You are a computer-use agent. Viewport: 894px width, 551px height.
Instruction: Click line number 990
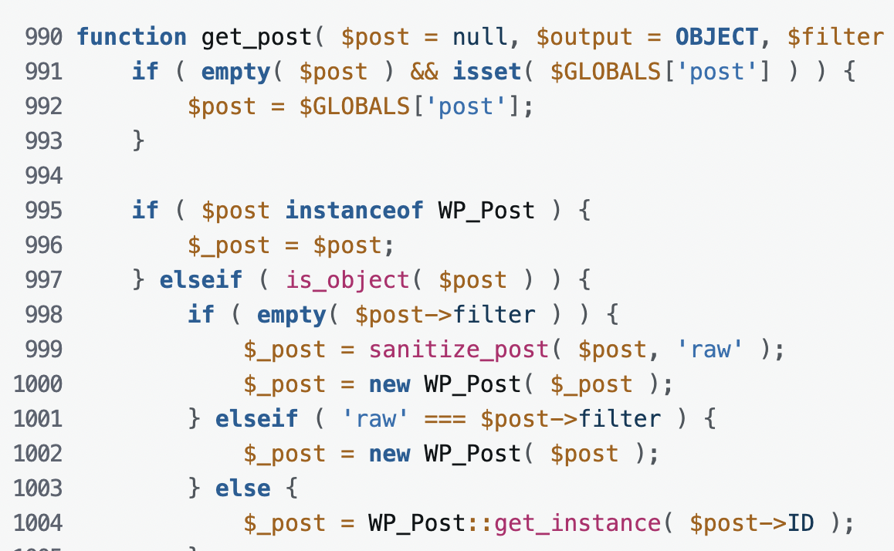(x=43, y=36)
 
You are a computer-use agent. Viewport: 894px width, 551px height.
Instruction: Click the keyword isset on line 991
(x=487, y=71)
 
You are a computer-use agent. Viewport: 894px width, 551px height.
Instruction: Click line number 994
(x=43, y=175)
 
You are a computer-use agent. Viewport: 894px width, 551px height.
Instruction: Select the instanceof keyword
(x=354, y=210)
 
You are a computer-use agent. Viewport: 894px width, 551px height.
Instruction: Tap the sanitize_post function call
(x=459, y=349)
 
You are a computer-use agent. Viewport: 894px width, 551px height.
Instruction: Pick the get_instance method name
(x=577, y=523)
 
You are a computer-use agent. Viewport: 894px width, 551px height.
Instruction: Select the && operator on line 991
(x=424, y=71)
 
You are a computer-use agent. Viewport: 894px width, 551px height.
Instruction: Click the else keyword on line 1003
(x=243, y=488)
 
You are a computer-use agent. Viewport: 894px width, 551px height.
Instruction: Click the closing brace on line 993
(x=139, y=140)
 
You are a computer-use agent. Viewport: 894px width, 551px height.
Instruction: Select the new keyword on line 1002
(x=389, y=453)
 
